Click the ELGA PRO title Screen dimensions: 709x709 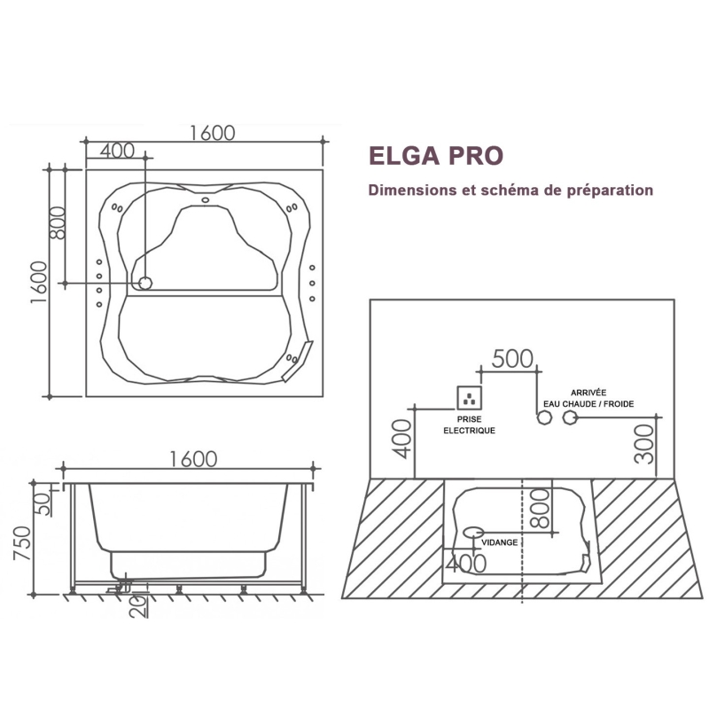click(x=435, y=156)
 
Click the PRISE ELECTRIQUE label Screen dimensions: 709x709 click(x=469, y=425)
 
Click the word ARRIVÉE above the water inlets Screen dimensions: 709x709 click(x=588, y=391)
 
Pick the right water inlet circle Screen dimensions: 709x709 click(x=569, y=416)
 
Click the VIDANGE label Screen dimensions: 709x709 click(x=501, y=541)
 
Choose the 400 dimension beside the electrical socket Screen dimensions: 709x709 click(x=401, y=439)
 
